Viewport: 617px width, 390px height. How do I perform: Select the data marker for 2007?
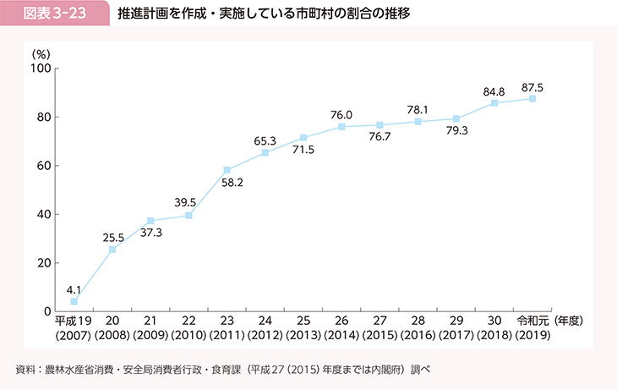tap(74, 301)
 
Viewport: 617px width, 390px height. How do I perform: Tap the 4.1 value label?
tap(74, 288)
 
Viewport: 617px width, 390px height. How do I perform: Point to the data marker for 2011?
tap(227, 170)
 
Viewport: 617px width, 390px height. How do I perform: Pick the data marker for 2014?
tap(341, 127)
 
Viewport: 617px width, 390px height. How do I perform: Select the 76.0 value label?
tap(341, 114)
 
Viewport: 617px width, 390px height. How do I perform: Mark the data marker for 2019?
tap(532, 99)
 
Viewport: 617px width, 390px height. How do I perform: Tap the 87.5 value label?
tap(532, 86)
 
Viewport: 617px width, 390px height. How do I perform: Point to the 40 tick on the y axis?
tap(44, 214)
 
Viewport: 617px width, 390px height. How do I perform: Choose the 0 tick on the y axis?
tap(47, 311)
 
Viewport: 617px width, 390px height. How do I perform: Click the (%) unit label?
tap(41, 53)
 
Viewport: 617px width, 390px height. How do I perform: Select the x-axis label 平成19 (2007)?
tap(74, 328)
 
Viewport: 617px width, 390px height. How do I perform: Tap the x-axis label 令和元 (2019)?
tap(532, 328)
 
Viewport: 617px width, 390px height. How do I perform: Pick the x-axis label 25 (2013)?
tap(303, 328)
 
